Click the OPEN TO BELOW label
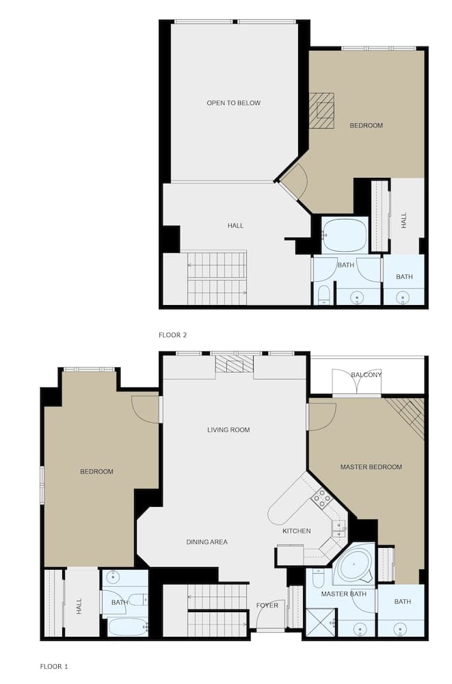[233, 103]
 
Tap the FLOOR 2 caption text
[172, 335]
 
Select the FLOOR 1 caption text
[54, 666]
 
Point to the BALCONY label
[366, 375]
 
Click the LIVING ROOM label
[228, 430]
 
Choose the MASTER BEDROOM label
[371, 467]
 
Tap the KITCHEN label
[297, 531]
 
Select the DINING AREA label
[207, 542]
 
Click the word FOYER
[267, 605]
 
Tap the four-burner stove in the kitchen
[321, 499]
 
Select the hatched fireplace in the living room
[234, 363]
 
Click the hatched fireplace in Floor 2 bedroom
[321, 110]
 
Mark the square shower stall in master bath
[319, 622]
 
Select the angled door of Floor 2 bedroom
[295, 182]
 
